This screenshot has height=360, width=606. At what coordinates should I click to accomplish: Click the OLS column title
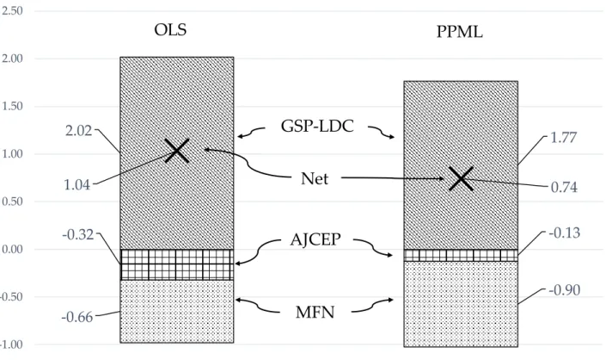170,30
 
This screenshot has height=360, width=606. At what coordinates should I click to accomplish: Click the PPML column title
460,32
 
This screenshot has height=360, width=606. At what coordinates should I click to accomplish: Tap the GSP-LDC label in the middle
317,127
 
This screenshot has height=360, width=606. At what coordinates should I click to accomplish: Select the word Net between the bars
315,179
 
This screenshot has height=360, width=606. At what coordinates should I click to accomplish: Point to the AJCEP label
315,239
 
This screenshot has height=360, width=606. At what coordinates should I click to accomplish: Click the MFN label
315,313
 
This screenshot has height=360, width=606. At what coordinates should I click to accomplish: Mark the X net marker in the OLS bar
176,150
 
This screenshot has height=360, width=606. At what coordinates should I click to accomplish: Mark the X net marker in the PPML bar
461,179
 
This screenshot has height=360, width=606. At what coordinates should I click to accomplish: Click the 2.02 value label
79,131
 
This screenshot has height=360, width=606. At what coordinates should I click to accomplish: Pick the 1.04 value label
77,185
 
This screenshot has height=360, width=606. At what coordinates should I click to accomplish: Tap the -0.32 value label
78,234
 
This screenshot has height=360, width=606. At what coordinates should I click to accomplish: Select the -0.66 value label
77,318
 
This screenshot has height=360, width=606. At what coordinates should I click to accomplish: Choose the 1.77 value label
564,138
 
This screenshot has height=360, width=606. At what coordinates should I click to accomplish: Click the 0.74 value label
564,188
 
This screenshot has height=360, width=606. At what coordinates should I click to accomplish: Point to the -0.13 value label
565,233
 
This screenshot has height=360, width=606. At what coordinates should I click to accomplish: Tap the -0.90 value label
565,290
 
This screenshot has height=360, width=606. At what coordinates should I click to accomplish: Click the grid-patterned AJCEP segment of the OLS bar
176,264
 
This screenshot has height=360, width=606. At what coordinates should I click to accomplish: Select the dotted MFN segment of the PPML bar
461,304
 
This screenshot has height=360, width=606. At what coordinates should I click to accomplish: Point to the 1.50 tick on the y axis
12,106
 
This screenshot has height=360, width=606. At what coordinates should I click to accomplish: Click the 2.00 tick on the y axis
12,59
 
